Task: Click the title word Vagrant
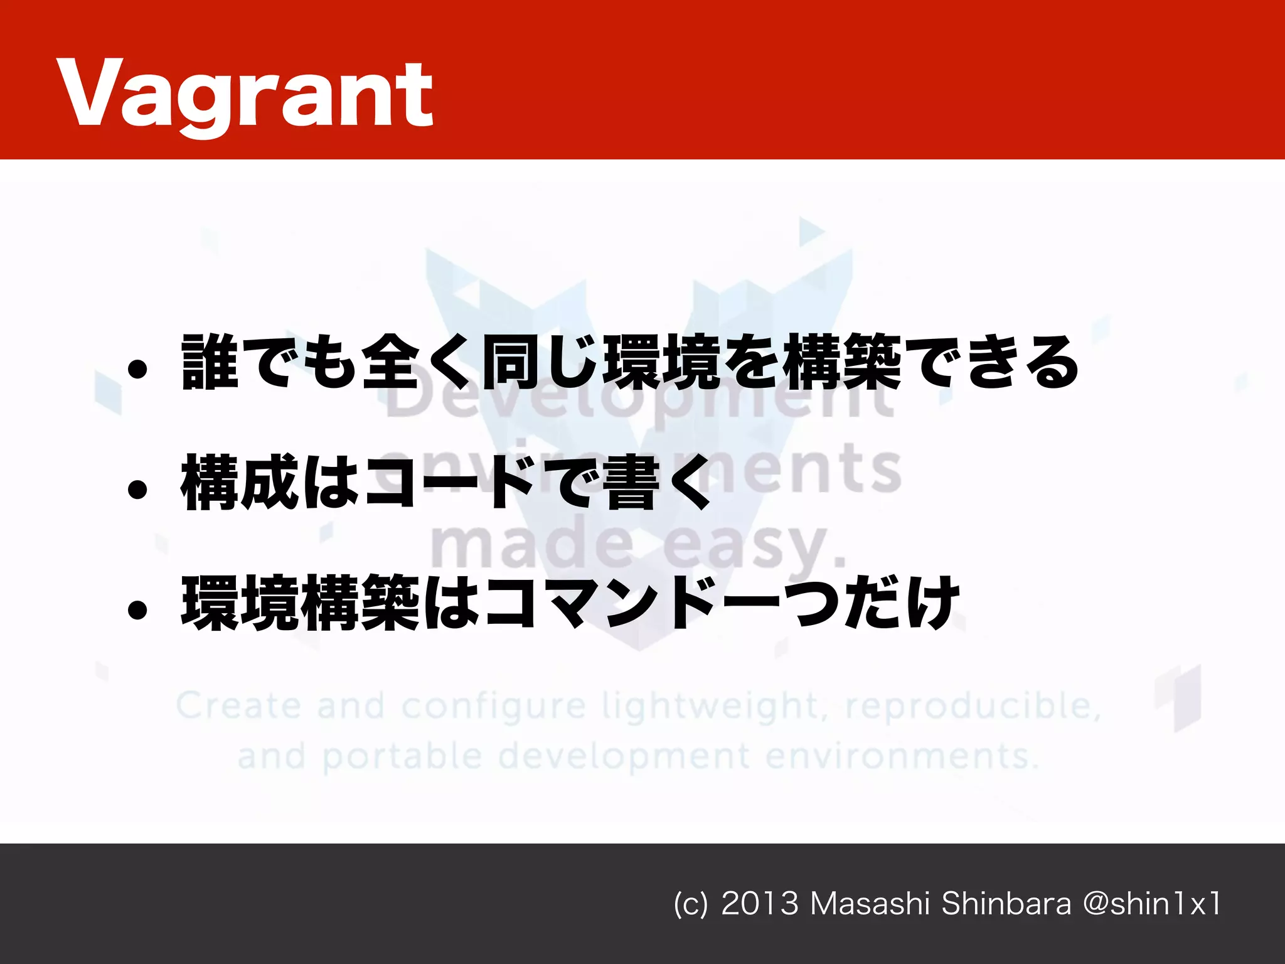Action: [x=245, y=94]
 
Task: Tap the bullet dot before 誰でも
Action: [x=137, y=370]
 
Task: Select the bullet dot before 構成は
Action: [x=137, y=490]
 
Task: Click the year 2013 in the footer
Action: [x=760, y=904]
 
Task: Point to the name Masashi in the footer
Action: [x=869, y=904]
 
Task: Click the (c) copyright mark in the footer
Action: [x=690, y=904]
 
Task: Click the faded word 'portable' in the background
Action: [x=402, y=757]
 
